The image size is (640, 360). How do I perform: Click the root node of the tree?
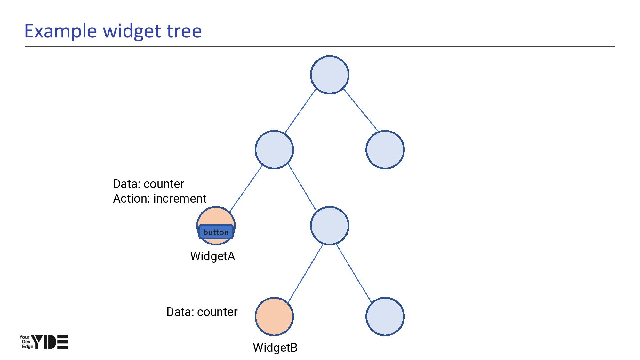tap(329, 75)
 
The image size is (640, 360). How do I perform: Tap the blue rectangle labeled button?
tap(216, 232)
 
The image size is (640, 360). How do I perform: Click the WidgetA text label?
tap(212, 256)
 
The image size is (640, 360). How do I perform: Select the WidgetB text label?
tap(275, 348)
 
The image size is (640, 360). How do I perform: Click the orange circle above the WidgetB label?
tap(274, 316)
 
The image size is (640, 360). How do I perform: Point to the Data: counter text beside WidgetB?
tap(202, 312)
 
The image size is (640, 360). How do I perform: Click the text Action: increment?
tap(160, 199)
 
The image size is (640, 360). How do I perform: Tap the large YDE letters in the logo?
tap(51, 342)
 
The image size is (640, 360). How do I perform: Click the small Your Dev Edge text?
tap(26, 342)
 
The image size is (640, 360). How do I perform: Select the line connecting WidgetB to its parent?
tap(305, 274)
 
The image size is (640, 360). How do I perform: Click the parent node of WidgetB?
tap(329, 226)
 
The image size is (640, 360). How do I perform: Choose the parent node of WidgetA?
tap(274, 149)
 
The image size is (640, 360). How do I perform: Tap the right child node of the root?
tap(385, 149)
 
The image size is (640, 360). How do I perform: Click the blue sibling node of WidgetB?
tap(385, 316)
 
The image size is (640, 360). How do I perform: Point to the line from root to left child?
tap(300, 111)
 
